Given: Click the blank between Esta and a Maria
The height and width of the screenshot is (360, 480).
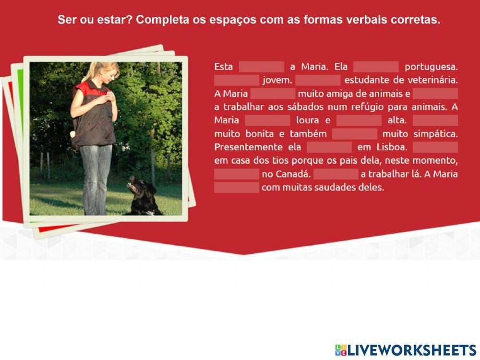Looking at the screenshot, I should coord(261,67).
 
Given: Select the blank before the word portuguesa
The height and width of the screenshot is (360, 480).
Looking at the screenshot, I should coord(376,67).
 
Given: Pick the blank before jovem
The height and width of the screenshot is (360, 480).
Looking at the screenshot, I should coord(237,80).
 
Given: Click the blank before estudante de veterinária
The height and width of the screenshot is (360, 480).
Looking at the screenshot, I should coord(318,80).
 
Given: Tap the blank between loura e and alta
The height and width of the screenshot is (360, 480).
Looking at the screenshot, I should coord(359,120).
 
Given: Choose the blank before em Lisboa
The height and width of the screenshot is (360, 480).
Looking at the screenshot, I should coord(329,147).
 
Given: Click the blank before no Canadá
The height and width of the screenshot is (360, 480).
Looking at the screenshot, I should coord(237,174).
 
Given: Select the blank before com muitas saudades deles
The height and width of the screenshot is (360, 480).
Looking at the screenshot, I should coord(237,187).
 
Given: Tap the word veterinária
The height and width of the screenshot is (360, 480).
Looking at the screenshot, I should coord(433,80).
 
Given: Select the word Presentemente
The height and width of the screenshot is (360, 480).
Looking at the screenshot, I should coord(248,147).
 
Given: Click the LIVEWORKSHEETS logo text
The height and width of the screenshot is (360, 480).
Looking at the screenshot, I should coord(411,350).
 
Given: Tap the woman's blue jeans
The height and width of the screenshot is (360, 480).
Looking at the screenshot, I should coord(96,178).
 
